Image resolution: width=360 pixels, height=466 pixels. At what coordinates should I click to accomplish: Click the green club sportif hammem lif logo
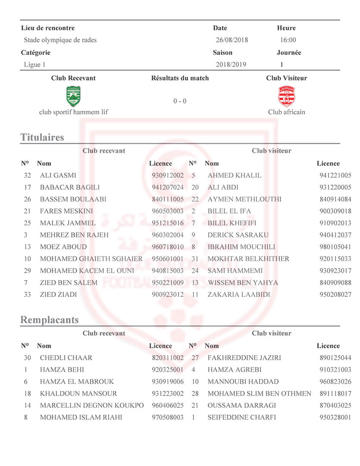(73, 96)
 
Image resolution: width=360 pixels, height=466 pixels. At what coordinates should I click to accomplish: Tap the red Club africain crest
(286, 96)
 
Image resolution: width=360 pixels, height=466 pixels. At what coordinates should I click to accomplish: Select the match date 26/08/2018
(232, 40)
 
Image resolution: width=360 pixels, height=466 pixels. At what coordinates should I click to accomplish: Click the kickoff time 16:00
(288, 40)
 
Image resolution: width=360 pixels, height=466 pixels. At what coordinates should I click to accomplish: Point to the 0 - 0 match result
(180, 101)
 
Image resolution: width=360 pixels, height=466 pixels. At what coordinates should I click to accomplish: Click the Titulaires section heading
(42, 137)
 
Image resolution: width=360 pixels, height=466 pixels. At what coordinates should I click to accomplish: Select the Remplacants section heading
(50, 320)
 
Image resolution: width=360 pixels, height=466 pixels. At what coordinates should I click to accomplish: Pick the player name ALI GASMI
(58, 176)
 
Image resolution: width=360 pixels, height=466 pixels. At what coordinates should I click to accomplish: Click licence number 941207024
(168, 188)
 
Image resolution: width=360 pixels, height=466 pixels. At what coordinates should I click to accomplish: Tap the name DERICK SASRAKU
(238, 235)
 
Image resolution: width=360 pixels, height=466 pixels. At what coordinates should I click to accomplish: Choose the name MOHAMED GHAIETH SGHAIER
(91, 259)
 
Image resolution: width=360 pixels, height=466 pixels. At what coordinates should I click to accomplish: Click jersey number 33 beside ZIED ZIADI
(28, 295)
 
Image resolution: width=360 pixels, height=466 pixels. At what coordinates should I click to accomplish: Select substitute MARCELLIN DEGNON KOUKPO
(91, 406)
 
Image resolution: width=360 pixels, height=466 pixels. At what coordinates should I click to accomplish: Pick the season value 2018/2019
(232, 65)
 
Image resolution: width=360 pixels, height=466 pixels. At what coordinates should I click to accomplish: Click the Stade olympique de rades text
(60, 40)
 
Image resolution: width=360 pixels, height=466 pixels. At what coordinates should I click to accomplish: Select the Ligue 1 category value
(34, 65)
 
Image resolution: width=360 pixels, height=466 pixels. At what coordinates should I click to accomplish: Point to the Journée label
(288, 53)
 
